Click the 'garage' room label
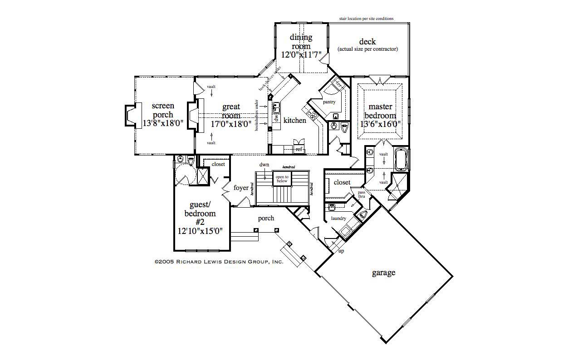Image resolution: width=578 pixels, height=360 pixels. point(383,272)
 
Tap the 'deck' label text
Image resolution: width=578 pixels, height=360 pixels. point(367,42)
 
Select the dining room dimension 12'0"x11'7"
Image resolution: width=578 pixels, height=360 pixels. point(301,55)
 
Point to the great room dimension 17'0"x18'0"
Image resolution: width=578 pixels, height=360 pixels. point(231,124)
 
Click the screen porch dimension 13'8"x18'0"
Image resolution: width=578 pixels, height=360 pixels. point(162,123)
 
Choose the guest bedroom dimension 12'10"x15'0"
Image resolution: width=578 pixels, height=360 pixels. point(200,230)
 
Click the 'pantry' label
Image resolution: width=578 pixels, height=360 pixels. point(329,102)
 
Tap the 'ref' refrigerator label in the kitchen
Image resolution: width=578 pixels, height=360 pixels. point(299,149)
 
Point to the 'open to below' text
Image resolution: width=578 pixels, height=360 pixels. point(282,179)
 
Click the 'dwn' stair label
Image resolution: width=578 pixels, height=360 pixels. point(264,165)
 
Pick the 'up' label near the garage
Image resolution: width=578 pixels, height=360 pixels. point(341,251)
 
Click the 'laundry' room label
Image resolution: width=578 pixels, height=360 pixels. point(338,218)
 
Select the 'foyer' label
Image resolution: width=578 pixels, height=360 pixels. point(241,188)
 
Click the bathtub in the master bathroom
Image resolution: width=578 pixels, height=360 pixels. point(401,159)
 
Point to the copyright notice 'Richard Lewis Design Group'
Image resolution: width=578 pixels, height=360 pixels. point(219,262)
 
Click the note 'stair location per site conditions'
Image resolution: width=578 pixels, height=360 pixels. point(366,19)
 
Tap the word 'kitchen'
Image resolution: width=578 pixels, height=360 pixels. point(295,120)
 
